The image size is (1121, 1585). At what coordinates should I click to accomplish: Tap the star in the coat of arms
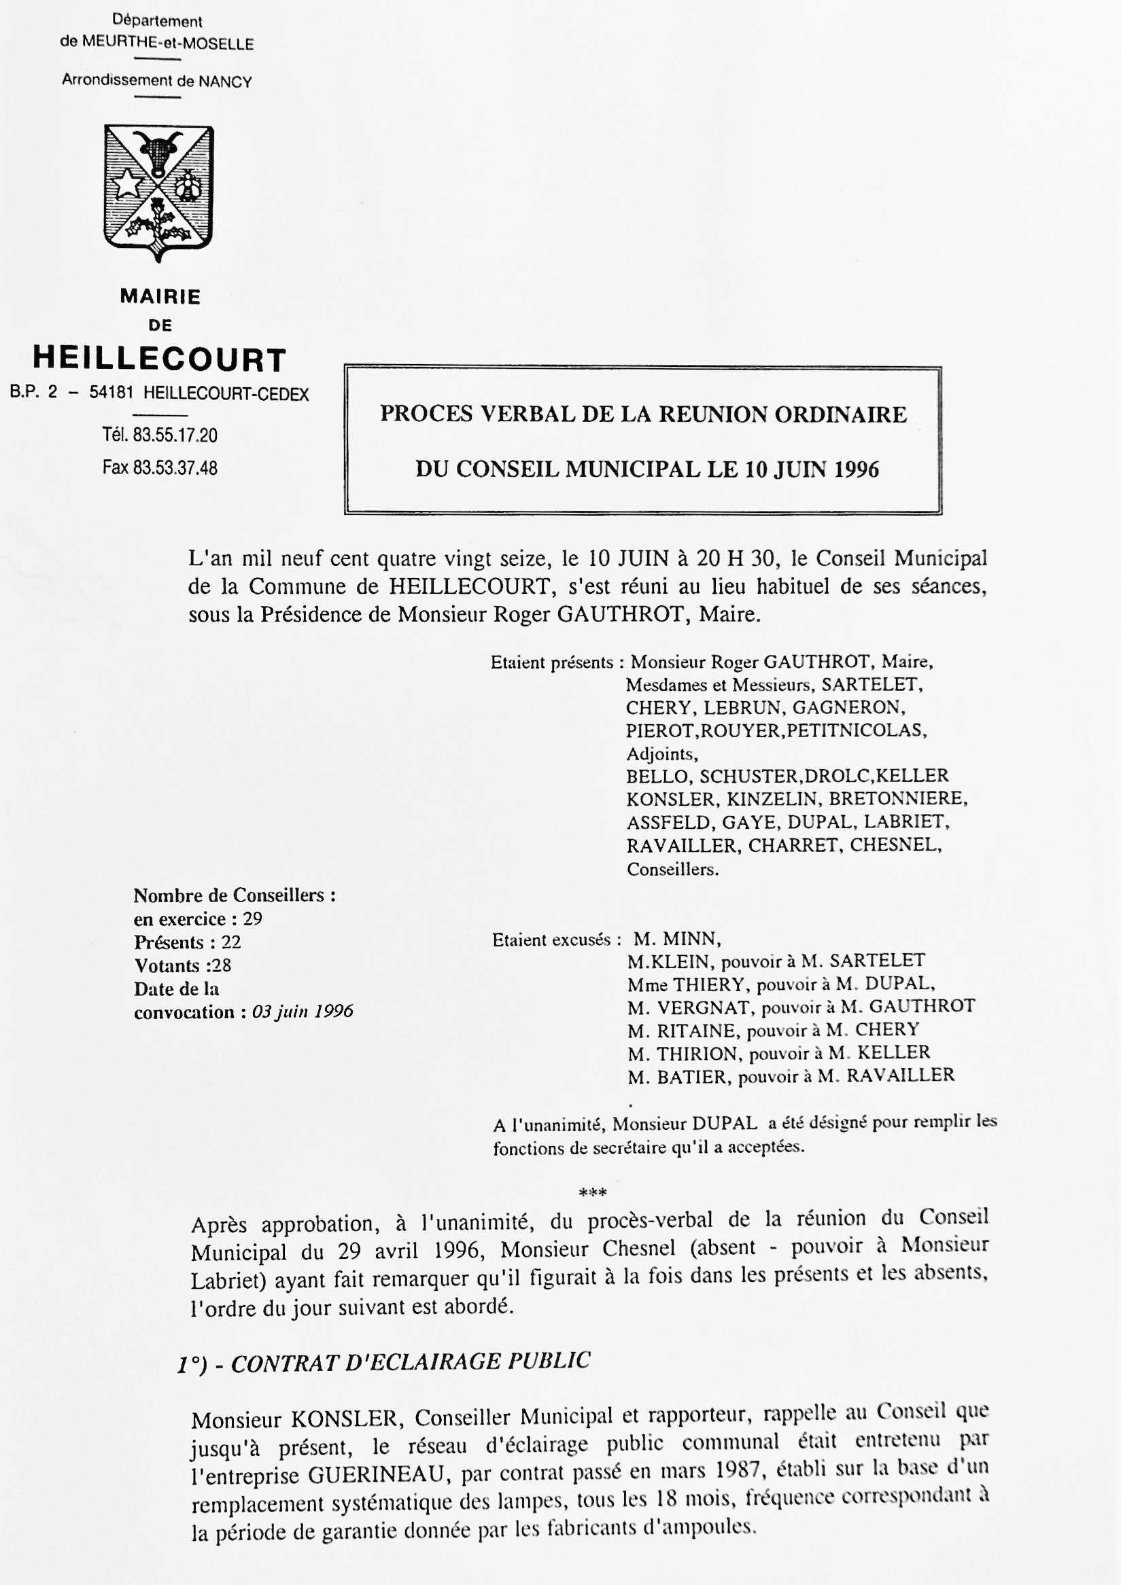coord(129,185)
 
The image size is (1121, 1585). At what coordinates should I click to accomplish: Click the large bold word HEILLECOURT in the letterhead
coord(160,359)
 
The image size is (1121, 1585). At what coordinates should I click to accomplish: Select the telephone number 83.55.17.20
coord(175,435)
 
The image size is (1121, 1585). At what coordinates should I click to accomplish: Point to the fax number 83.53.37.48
coord(175,468)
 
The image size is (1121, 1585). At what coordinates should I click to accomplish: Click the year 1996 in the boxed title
coord(857,470)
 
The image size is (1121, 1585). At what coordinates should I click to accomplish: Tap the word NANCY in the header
coord(225,82)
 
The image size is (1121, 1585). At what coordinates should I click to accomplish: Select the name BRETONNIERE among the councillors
coord(898,799)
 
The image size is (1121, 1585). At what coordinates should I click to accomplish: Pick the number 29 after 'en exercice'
coord(252,919)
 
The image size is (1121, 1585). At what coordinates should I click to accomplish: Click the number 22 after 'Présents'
coord(230,942)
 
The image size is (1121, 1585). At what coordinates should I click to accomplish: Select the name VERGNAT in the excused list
coord(697,1008)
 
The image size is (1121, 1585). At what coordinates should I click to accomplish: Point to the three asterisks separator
coord(593,1192)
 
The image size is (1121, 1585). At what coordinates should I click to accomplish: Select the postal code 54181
coord(111,393)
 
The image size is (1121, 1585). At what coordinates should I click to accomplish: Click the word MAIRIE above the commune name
coord(160,297)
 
